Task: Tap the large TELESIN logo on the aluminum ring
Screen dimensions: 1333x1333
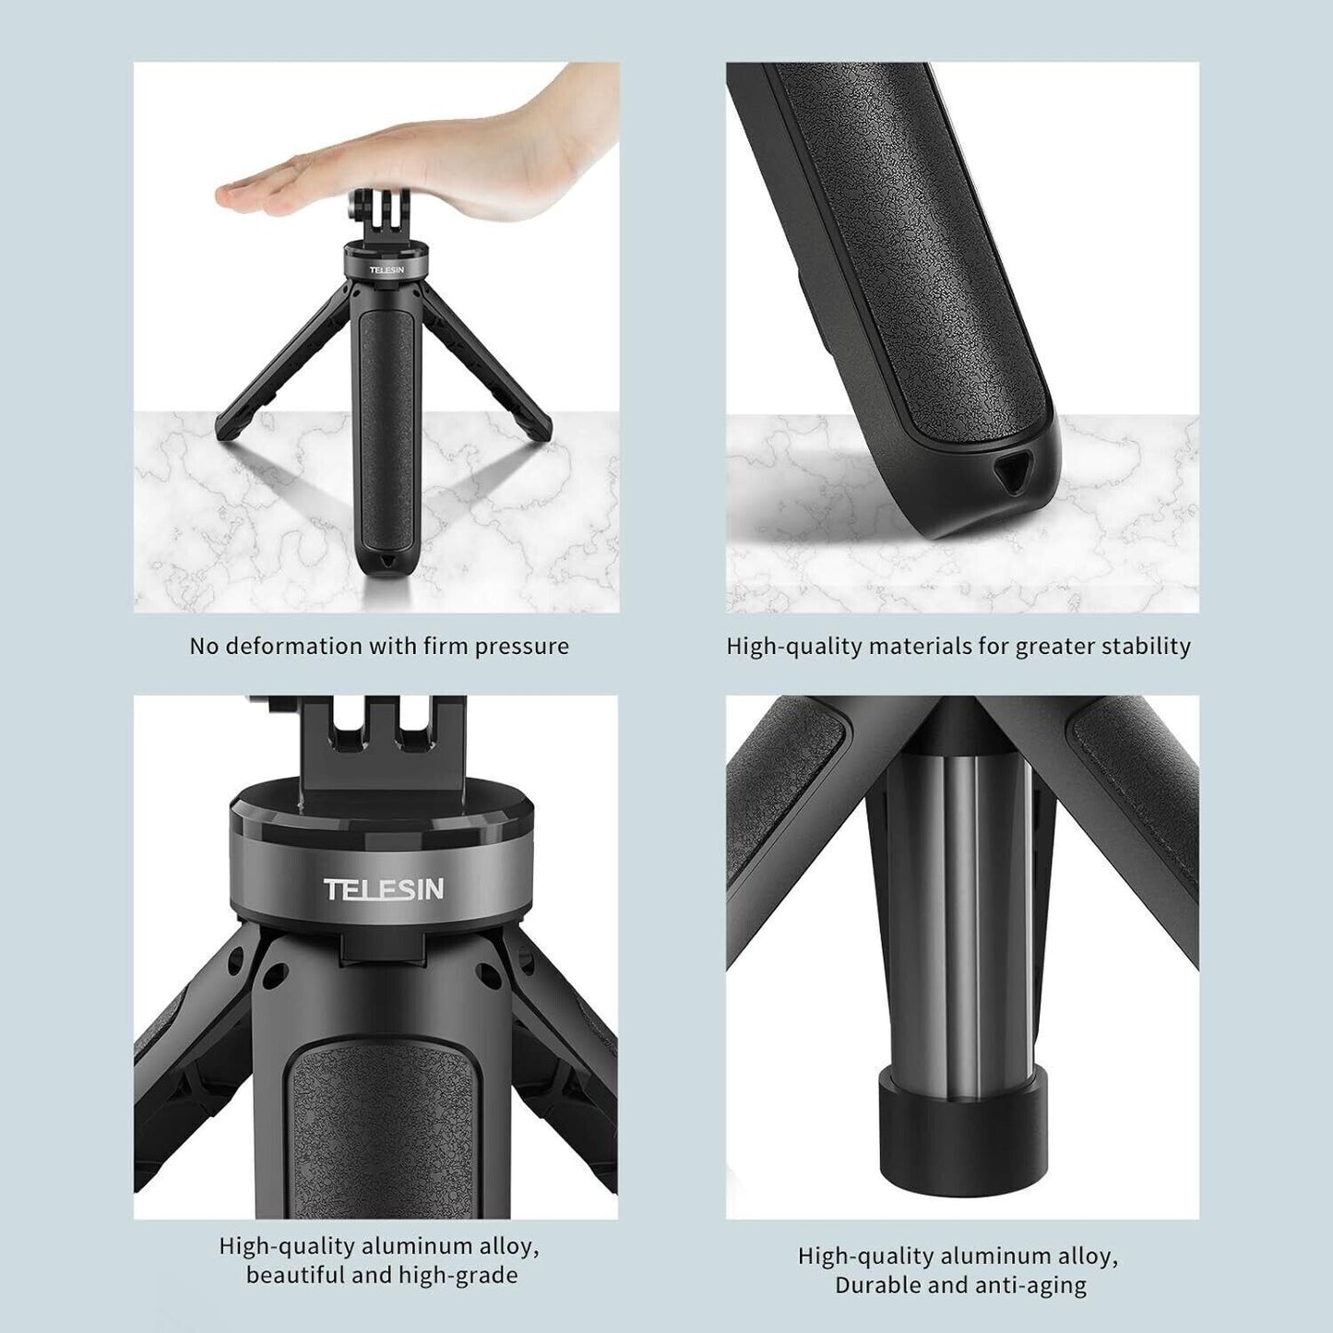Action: tap(384, 889)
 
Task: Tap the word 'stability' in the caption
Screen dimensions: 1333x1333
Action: tap(1148, 646)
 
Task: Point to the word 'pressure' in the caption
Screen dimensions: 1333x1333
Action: tap(521, 646)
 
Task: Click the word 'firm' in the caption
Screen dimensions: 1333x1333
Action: tap(446, 646)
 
